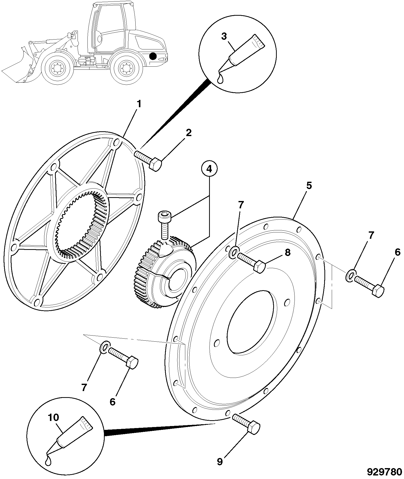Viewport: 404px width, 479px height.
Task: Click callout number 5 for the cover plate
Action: point(309,186)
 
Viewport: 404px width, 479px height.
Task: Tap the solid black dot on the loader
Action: point(153,56)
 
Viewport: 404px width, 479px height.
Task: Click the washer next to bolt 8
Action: point(234,252)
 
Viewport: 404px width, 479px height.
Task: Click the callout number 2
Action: point(189,133)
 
